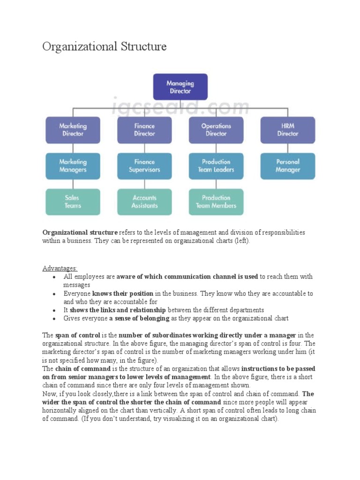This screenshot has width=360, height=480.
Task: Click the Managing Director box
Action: click(x=180, y=87)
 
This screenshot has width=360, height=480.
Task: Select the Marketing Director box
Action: click(x=73, y=130)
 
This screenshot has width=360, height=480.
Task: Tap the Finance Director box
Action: click(x=144, y=130)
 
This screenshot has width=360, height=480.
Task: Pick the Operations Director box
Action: click(x=216, y=130)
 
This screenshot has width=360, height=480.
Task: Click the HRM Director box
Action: click(x=288, y=130)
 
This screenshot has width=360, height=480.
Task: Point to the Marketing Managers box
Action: click(x=73, y=166)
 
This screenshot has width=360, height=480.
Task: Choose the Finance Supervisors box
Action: click(x=144, y=166)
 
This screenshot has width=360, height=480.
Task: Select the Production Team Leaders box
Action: click(x=216, y=166)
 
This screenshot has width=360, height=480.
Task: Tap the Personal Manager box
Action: click(x=288, y=166)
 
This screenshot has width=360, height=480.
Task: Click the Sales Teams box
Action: click(x=73, y=202)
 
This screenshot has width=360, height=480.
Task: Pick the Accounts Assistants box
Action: click(x=144, y=202)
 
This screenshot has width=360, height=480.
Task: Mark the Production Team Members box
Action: click(x=216, y=202)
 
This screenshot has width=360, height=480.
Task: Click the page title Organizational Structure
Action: click(x=105, y=47)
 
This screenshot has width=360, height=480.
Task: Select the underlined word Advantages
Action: click(x=60, y=268)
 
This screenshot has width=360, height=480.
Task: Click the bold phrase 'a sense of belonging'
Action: click(x=139, y=318)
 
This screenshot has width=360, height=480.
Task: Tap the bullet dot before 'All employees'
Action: click(x=55, y=277)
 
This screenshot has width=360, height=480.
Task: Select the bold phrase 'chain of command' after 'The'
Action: click(x=82, y=369)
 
